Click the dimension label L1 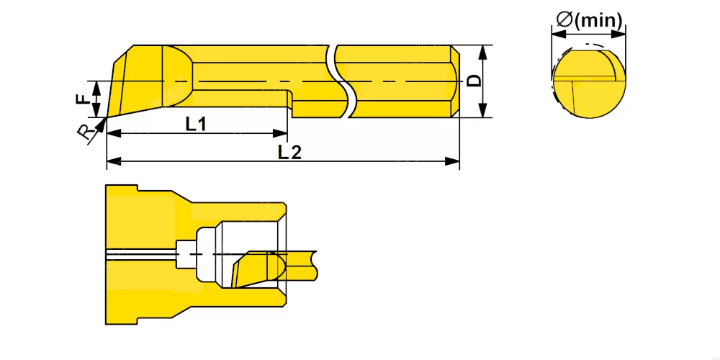196,124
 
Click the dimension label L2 289,152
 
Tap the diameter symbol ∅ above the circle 564,19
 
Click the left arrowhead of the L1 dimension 114,134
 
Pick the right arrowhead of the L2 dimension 453,161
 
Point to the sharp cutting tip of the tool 107,117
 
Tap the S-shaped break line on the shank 340,81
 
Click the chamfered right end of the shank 454,81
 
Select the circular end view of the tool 589,83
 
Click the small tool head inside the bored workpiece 259,269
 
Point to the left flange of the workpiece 122,255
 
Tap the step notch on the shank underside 290,102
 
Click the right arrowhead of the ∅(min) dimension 618,34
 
